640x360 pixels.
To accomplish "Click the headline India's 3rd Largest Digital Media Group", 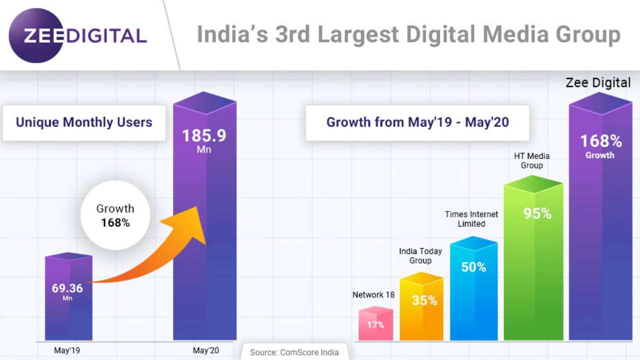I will coord(408,34).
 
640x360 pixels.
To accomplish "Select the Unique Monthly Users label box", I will coord(84,122).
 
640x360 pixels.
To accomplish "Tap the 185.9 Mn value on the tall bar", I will coord(204,140).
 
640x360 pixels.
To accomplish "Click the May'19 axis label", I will coord(67,350).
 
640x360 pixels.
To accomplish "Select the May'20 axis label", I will coord(206,350).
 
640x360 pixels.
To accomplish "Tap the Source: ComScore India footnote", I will coord(294,352).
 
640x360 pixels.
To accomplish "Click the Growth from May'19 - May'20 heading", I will coord(417,122).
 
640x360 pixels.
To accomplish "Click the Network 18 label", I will coord(373,295).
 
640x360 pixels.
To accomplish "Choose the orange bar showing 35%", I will coord(421,307).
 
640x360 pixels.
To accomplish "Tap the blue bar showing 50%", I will coord(473,290).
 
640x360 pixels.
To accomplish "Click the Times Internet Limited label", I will coord(471,219).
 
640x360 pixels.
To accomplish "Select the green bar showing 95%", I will coord(533,260).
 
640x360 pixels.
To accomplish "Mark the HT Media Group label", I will coord(531,160).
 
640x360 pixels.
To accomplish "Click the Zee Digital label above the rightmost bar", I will coord(598,83).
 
